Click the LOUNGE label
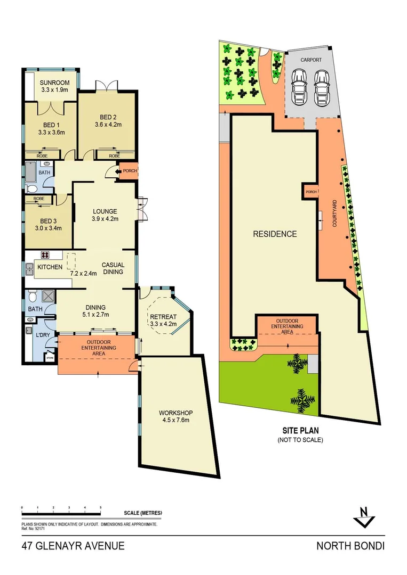coord(104,211)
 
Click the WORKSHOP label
coord(175,413)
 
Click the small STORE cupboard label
coord(50,358)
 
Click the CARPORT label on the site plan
coord(311,60)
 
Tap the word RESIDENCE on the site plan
coord(275,234)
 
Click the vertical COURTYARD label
coord(334,213)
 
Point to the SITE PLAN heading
coord(300,430)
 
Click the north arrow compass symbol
coord(364,516)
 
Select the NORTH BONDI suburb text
coord(350,546)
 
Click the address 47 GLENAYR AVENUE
coord(74,546)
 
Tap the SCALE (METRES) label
coord(142,513)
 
